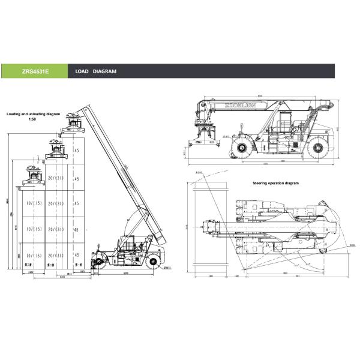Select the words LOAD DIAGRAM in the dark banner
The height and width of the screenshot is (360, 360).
[x=96, y=71]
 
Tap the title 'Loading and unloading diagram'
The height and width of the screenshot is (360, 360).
[x=34, y=113]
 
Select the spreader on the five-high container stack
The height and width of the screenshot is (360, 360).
[x=76, y=122]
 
